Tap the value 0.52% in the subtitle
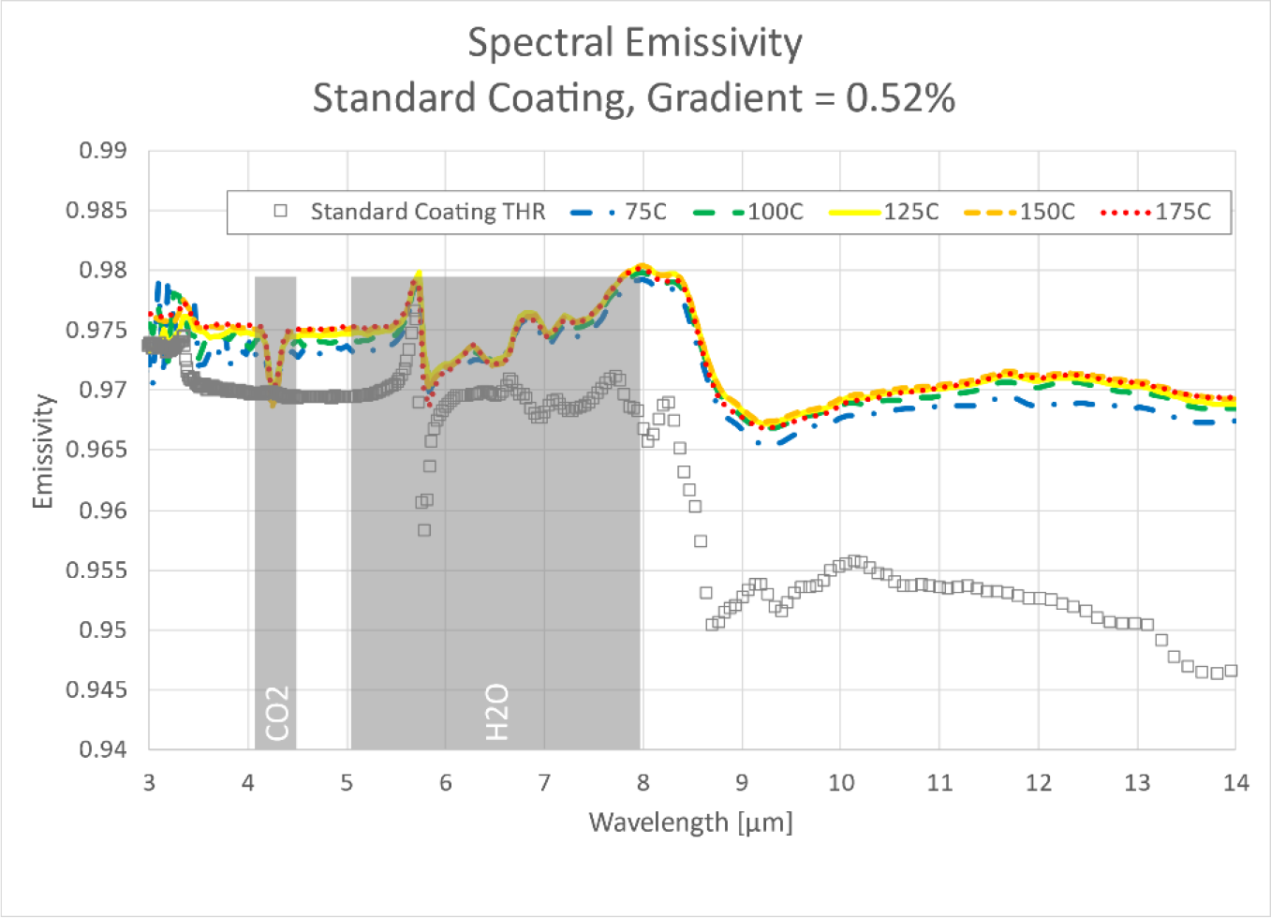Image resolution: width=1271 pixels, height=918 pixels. [x=900, y=98]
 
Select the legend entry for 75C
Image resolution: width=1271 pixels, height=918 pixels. [x=645, y=212]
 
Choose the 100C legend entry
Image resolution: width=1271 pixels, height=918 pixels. [x=775, y=212]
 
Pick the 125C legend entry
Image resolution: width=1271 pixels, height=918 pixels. [x=910, y=212]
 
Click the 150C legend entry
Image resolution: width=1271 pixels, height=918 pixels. [x=1046, y=212]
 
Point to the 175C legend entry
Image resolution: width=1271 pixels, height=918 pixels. [x=1182, y=212]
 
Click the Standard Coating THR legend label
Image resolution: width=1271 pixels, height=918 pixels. [x=427, y=212]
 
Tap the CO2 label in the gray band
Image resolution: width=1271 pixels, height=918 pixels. [x=277, y=714]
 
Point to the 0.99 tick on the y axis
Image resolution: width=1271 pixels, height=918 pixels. [x=103, y=151]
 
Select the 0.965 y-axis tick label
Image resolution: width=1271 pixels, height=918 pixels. [x=96, y=450]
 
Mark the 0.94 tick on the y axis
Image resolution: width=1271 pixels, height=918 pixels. [x=103, y=749]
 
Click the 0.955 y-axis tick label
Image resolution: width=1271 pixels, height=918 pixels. [x=96, y=570]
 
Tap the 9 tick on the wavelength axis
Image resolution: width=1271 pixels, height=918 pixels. [x=742, y=783]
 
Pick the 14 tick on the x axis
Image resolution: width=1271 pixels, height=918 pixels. [x=1235, y=783]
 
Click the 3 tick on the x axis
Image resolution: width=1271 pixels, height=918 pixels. [x=149, y=783]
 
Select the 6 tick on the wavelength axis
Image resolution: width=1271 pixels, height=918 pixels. [x=445, y=783]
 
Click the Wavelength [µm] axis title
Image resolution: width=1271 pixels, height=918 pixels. [x=690, y=822]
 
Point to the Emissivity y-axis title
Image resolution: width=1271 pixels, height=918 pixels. [x=43, y=451]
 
